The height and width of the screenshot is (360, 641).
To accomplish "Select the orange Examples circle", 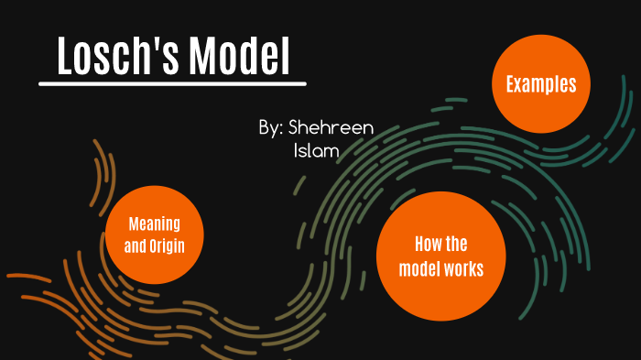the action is point(541,85).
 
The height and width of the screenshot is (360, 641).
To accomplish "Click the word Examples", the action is point(541,85).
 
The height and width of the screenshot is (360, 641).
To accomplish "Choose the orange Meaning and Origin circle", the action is point(153,234).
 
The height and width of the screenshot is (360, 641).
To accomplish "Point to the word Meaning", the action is point(154,224).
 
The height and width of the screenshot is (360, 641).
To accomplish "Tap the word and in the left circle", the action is point(135,245).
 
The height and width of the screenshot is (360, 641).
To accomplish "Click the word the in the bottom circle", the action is point(456,245).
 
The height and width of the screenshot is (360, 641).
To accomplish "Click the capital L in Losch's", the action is point(65,57).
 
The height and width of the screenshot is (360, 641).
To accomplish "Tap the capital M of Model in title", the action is point(204,57).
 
